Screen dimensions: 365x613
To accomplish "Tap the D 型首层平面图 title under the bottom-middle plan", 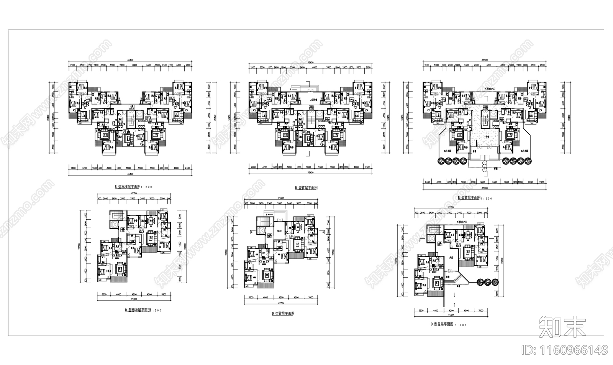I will (x=283, y=313).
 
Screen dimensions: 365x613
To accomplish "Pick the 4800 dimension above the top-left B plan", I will (x=134, y=66).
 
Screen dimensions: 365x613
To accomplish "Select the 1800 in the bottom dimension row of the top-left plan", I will (x=119, y=168).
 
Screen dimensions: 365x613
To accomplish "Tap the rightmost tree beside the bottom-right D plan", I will (x=496, y=282).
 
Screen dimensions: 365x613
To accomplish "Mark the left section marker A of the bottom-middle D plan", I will (x=251, y=232).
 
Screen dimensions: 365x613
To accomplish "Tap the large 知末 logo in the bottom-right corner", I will (x=562, y=327).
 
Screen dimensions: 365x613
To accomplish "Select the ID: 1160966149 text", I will (x=565, y=350).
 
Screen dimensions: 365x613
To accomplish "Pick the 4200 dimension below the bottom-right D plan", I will (x=451, y=311).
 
